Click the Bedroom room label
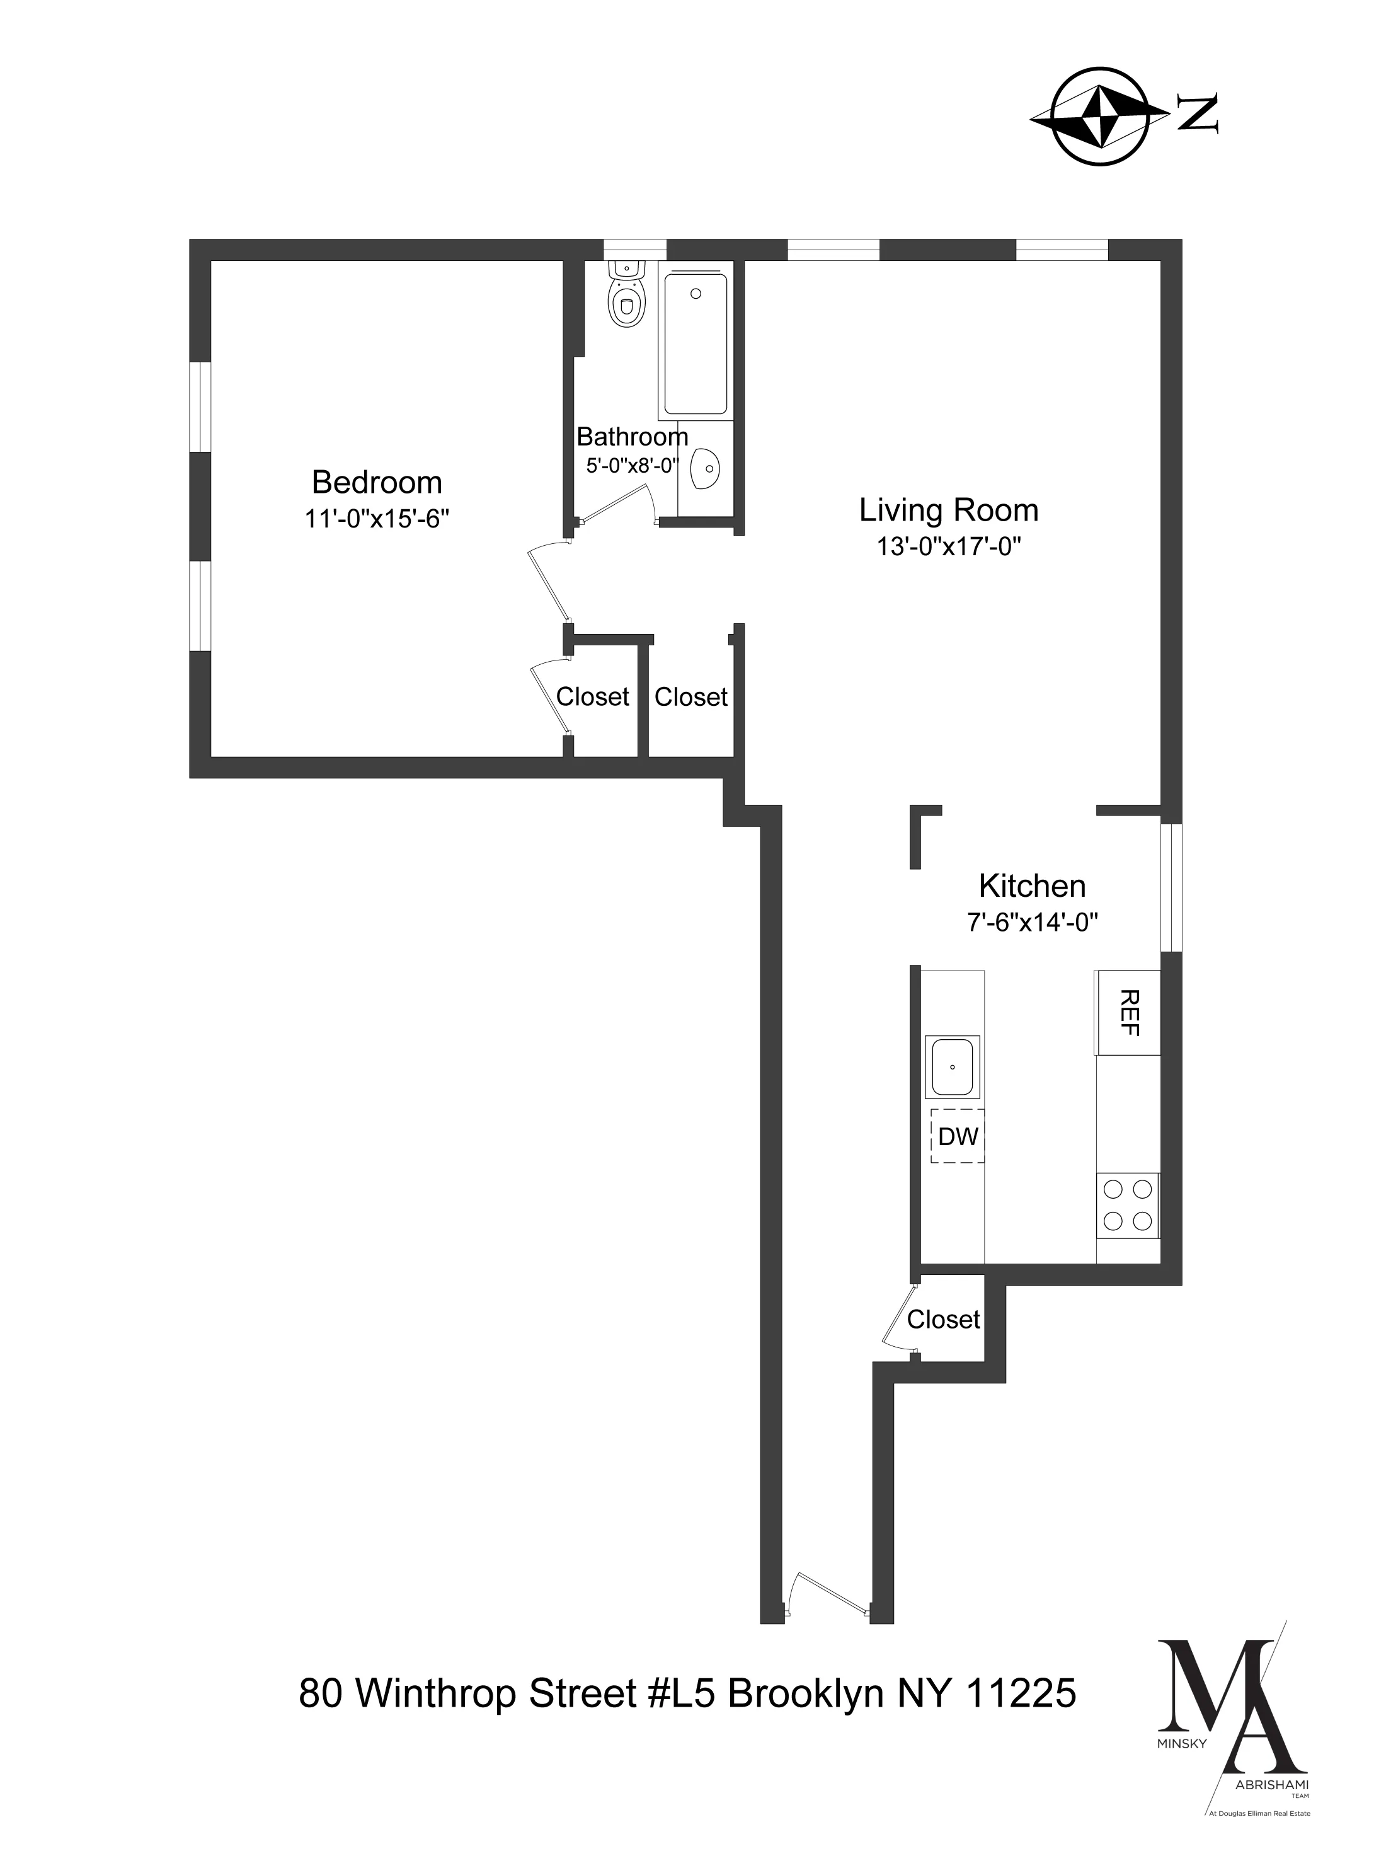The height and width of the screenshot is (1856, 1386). [377, 483]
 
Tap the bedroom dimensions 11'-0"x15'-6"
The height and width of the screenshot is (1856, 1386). [377, 519]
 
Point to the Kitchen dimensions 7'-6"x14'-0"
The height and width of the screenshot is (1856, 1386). [1032, 923]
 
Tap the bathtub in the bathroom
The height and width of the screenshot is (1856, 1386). [696, 344]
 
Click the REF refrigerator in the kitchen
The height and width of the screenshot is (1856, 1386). [1128, 1013]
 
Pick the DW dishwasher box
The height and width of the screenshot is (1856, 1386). [957, 1137]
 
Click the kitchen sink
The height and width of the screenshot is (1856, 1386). [953, 1068]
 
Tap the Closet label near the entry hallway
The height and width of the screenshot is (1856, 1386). [943, 1320]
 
